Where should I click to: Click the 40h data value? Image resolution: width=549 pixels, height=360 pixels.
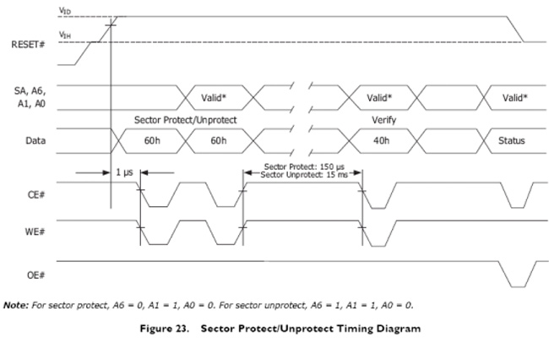(383, 140)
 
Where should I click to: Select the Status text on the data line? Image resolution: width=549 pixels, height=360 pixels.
(511, 140)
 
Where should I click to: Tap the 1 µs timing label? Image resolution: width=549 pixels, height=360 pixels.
(124, 172)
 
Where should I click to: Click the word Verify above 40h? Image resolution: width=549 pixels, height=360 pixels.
(383, 120)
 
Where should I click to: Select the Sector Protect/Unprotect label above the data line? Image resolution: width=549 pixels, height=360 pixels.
(185, 120)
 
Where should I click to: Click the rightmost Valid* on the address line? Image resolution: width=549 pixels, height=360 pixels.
(515, 98)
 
